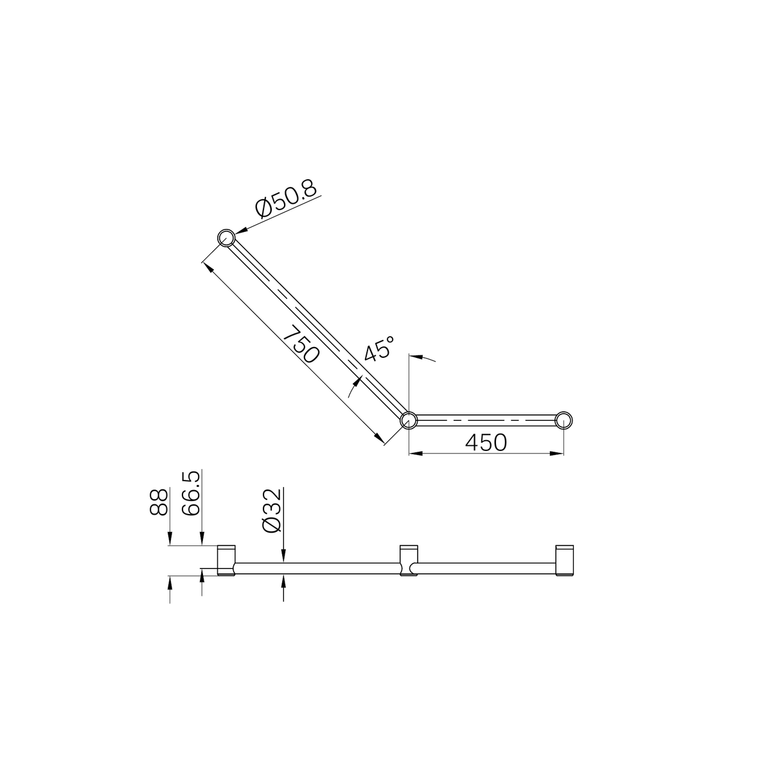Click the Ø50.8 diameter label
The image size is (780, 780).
pos(287,199)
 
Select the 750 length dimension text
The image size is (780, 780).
pos(301,346)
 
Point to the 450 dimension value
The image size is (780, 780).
pos(486,442)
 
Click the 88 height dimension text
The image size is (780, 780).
pos(159,501)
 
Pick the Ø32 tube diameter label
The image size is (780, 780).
pos(272,510)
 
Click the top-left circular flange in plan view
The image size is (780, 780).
pos(226,238)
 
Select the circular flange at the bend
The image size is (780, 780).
pos(408,420)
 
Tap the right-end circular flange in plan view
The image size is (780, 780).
pos(563,420)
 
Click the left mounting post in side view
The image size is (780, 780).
pos(226,560)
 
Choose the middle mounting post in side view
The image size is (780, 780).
pos(408,560)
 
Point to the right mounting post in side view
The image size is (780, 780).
pos(563,560)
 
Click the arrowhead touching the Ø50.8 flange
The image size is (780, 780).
pos(241,231)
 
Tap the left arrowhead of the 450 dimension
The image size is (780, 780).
pos(414,454)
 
